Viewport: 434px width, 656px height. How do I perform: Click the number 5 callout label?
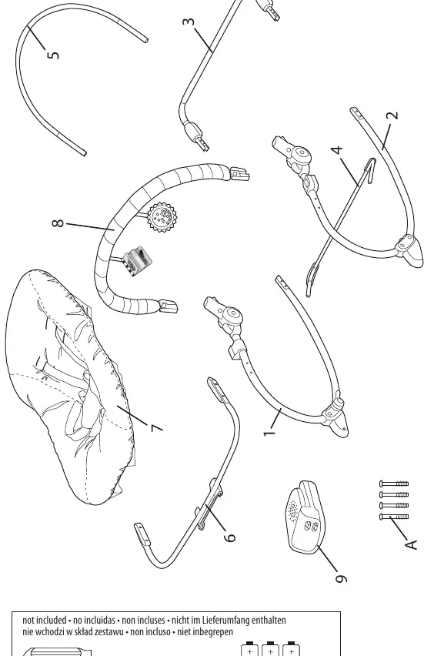coord(53,55)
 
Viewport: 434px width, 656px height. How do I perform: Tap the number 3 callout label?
coord(189,22)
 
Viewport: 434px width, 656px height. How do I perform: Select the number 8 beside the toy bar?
coord(58,223)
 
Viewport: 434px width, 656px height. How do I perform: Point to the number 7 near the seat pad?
coord(156,428)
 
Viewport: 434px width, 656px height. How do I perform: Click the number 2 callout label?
coord(392,115)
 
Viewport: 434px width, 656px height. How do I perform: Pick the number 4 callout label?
coord(337,149)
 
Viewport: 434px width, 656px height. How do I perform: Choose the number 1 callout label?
coord(270,431)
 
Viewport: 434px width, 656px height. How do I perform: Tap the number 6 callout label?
coord(230,537)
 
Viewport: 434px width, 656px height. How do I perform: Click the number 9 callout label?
coord(341,578)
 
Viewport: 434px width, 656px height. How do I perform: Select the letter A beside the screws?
coord(412,544)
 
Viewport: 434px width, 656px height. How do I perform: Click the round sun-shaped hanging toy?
coord(162,216)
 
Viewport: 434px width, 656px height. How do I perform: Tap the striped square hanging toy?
coord(138,262)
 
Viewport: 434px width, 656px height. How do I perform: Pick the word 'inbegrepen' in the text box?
coord(213,631)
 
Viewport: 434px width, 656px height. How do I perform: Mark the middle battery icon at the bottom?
coord(270,649)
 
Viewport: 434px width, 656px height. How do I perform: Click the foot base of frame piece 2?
coord(410,252)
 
